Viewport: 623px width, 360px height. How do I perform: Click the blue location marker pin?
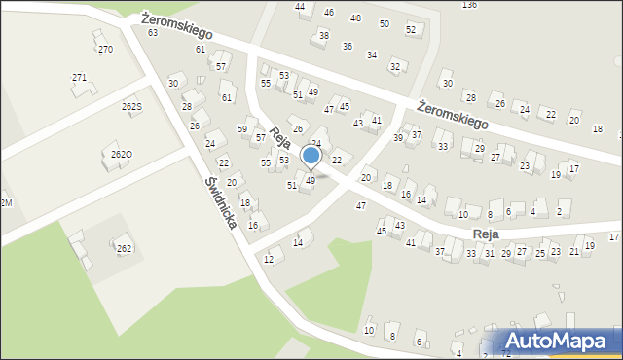[311, 157]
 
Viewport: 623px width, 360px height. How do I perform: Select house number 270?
[105, 49]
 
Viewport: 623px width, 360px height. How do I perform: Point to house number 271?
[79, 77]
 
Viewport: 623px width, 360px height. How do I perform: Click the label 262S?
[131, 106]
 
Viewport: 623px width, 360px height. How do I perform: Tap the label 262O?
[122, 154]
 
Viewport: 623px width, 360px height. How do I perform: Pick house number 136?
[469, 5]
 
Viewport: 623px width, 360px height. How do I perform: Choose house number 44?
[300, 7]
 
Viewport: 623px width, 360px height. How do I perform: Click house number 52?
[411, 30]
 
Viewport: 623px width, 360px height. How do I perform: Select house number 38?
[324, 35]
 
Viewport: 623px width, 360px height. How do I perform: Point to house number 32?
[394, 66]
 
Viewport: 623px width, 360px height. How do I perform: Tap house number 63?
[153, 33]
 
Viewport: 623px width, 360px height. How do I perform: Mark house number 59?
[242, 129]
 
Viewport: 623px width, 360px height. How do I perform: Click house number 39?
[398, 138]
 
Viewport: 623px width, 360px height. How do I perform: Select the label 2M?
[6, 201]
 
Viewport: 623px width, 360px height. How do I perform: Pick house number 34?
[371, 54]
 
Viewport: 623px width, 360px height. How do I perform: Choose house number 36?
[347, 46]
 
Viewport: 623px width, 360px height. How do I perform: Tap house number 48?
[355, 18]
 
